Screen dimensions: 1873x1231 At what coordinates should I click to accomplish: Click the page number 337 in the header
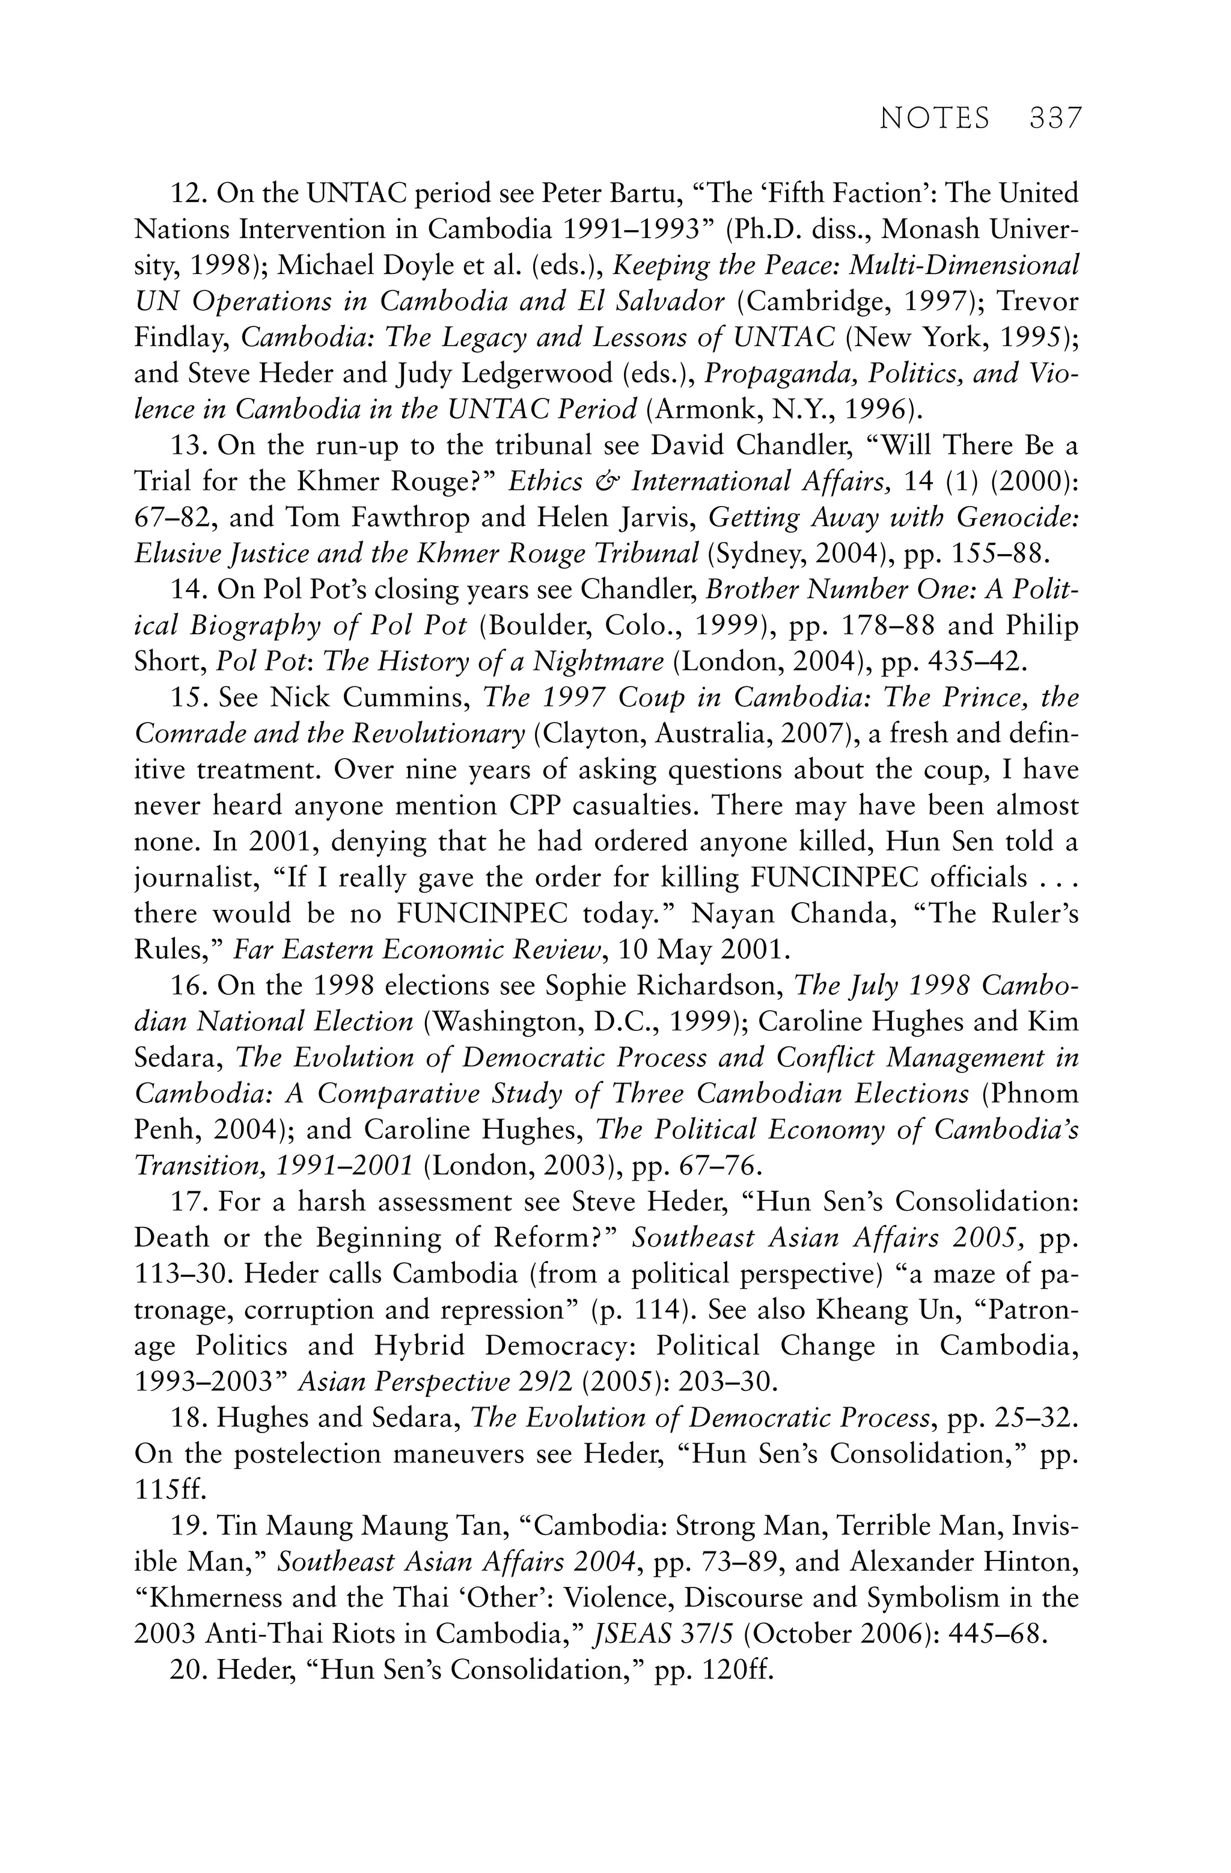pyautogui.click(x=1055, y=119)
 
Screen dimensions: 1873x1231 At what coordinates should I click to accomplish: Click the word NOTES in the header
pyautogui.click(x=934, y=119)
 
